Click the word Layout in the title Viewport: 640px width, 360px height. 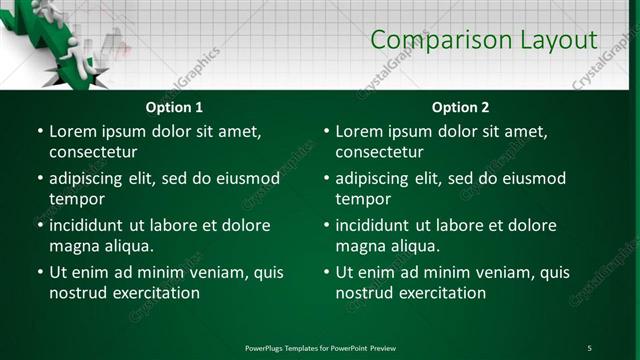click(557, 40)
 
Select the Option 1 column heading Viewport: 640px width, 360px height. click(174, 107)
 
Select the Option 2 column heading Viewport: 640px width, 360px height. click(460, 107)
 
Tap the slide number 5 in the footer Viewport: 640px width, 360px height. click(589, 348)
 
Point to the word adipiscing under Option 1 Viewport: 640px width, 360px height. click(92, 179)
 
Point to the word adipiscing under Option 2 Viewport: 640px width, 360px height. click(378, 179)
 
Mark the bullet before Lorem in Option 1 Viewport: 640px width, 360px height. click(39, 131)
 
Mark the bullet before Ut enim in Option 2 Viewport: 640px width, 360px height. click(325, 272)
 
